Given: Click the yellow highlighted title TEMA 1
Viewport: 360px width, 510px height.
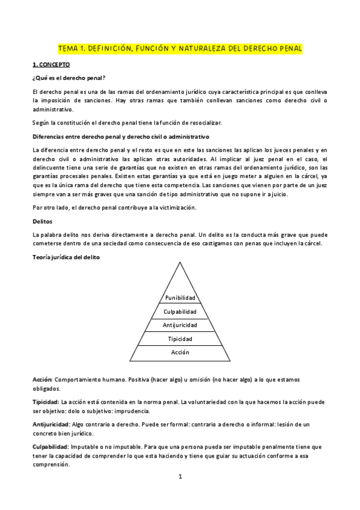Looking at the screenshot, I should [180, 48].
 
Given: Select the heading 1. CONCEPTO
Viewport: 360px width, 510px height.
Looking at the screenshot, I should [51, 64].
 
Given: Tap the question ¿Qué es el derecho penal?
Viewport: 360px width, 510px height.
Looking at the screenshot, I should [69, 78].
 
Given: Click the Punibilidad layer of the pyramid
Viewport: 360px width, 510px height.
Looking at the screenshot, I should [180, 298].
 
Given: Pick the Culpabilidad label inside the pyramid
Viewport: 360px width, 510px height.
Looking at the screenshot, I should [180, 312].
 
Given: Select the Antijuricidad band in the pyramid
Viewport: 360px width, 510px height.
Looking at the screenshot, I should [180, 325].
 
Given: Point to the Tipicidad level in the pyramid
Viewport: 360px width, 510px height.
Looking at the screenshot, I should [180, 339].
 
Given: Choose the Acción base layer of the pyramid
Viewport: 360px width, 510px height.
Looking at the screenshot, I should [180, 352].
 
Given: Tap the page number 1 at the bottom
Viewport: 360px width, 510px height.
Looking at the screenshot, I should [180, 477].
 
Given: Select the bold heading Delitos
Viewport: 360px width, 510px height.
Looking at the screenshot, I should [42, 221].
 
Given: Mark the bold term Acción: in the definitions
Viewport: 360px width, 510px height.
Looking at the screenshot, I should [43, 379].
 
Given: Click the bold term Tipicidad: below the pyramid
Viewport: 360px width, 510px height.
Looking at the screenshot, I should [46, 401].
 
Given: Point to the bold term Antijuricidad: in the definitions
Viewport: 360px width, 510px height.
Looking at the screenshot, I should [50, 424].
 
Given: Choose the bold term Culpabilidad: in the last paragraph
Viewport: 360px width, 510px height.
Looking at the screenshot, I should [50, 447].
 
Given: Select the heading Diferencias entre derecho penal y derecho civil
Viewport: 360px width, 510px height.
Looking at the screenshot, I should [120, 137].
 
